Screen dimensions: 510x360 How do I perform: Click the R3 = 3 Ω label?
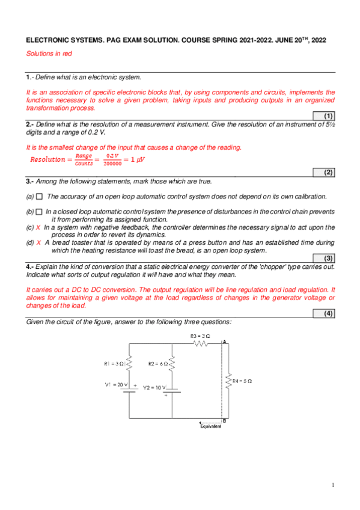tap(200, 336)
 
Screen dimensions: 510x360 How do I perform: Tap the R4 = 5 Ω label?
tap(242, 381)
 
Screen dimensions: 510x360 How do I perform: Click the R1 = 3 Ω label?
tap(113, 363)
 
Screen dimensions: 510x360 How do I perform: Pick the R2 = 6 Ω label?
tap(157, 363)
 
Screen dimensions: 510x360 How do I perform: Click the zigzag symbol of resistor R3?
tap(200, 344)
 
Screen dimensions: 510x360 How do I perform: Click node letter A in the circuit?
tap(224, 342)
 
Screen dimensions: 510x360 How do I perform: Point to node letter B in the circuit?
tap(224, 420)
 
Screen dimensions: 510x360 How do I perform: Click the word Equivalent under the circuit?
tap(210, 426)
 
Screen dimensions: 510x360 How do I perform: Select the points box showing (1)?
tap(328, 115)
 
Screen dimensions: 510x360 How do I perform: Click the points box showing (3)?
tap(328, 258)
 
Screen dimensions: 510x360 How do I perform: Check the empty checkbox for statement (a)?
tap(40, 196)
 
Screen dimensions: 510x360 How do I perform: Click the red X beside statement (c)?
tap(38, 227)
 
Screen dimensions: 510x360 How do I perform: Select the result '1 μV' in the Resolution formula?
tap(138, 159)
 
